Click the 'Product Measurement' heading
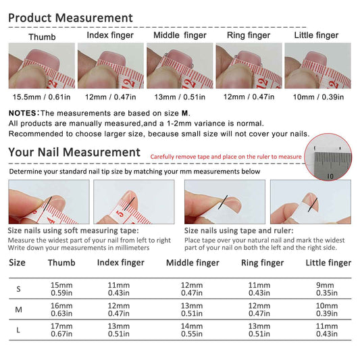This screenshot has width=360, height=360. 70,18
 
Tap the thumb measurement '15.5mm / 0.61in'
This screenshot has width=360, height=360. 42,97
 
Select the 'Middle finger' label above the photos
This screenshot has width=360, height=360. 180,35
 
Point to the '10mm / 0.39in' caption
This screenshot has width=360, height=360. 318,97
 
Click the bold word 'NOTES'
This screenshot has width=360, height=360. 22,113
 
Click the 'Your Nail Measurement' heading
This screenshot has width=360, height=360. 74,152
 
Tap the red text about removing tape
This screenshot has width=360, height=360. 226,157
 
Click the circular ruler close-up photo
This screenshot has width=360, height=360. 328,157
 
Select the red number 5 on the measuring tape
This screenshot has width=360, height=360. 120,213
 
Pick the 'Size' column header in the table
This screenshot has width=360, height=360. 17,263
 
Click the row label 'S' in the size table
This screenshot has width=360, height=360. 19,289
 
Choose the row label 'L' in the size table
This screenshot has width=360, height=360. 18,330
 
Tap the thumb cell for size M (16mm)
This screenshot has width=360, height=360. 61,309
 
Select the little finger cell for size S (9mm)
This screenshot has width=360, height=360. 326,289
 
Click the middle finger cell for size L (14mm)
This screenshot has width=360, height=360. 192,330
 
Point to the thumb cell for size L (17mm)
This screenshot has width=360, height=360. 61,330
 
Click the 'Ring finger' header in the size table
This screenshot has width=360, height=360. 263,263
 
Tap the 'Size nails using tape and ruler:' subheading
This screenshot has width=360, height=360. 239,230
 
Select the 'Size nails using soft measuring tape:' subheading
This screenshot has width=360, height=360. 73,230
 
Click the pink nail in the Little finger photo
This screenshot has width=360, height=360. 317,57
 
